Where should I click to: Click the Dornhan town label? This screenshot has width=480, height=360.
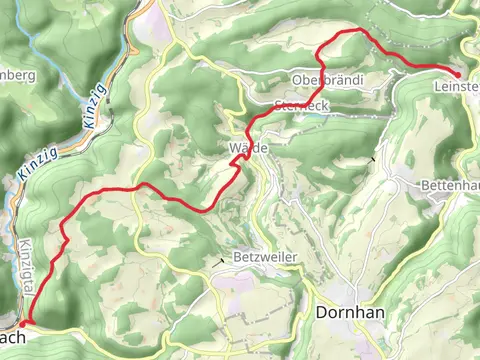point(351,312)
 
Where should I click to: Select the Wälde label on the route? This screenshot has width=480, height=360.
point(249,148)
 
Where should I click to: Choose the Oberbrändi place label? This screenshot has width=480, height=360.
point(328,79)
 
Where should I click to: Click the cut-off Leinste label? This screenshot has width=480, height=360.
point(457,87)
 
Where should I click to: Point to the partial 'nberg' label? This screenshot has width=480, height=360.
point(19,75)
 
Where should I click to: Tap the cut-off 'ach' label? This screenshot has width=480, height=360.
point(12,336)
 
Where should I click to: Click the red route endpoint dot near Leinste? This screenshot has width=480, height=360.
point(457,74)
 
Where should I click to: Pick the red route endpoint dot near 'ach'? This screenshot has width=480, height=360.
point(22,323)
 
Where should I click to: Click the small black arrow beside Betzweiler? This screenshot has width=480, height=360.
point(221,261)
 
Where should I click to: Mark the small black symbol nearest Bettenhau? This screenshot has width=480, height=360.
point(373,158)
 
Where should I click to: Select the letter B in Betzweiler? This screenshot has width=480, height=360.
point(237,257)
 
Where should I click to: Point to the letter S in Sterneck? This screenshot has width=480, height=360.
point(277,103)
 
